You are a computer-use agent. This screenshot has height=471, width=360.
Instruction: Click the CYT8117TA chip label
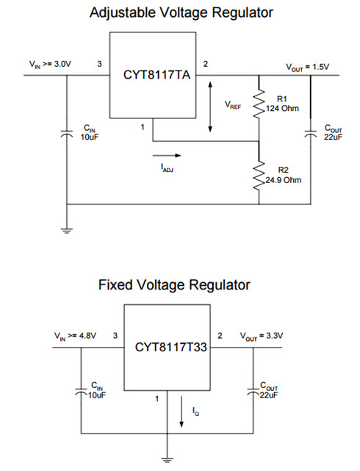click(x=156, y=75)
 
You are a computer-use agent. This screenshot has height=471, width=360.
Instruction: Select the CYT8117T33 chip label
click(x=171, y=347)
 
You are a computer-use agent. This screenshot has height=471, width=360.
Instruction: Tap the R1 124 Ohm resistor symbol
click(x=259, y=104)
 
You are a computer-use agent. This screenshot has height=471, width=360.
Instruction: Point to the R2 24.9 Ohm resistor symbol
click(x=259, y=176)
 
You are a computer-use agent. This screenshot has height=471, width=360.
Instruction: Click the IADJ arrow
click(x=167, y=155)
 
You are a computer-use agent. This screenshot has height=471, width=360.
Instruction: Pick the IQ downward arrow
click(x=181, y=411)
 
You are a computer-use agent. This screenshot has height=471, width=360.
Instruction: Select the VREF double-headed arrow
click(x=210, y=107)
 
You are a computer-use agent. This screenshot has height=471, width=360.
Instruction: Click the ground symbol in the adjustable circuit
click(x=67, y=231)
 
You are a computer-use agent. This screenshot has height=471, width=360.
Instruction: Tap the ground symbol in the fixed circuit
click(x=167, y=459)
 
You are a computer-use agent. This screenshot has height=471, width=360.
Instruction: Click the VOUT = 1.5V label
click(x=307, y=68)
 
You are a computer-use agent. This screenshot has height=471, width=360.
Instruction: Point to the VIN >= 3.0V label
click(x=50, y=64)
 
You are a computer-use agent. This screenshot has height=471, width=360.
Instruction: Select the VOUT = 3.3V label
click(x=262, y=336)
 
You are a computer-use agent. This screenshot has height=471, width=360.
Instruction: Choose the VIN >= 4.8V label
click(x=75, y=336)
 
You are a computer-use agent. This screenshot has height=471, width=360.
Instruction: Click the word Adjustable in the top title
click(x=123, y=13)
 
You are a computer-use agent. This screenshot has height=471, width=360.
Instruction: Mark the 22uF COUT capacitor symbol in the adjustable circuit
click(x=311, y=134)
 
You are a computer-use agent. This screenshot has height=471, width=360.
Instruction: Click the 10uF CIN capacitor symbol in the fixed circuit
click(x=81, y=392)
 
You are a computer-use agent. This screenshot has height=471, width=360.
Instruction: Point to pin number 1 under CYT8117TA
click(x=143, y=127)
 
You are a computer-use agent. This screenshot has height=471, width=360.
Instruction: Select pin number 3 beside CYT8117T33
click(x=115, y=336)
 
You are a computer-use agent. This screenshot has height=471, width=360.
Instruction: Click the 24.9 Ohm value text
click(x=283, y=180)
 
